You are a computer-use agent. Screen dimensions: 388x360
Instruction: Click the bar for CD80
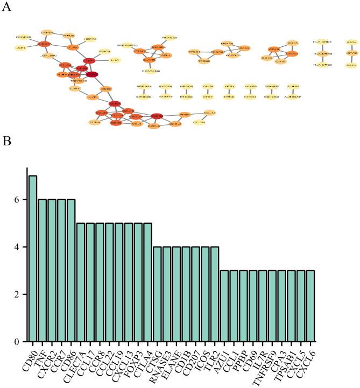pos(33,258)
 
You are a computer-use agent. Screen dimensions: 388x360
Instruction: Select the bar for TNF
pos(42,270)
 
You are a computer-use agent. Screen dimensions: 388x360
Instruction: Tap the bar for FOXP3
pos(137,282)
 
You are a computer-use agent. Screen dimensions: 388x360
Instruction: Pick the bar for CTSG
pos(157,294)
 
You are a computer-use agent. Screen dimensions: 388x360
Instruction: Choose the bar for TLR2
pos(214,294)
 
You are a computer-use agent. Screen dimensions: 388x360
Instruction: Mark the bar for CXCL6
pos(309,306)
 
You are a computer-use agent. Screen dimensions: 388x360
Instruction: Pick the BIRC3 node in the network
pos(104,52)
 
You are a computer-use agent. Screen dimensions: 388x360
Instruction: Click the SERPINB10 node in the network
pos(129,45)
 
